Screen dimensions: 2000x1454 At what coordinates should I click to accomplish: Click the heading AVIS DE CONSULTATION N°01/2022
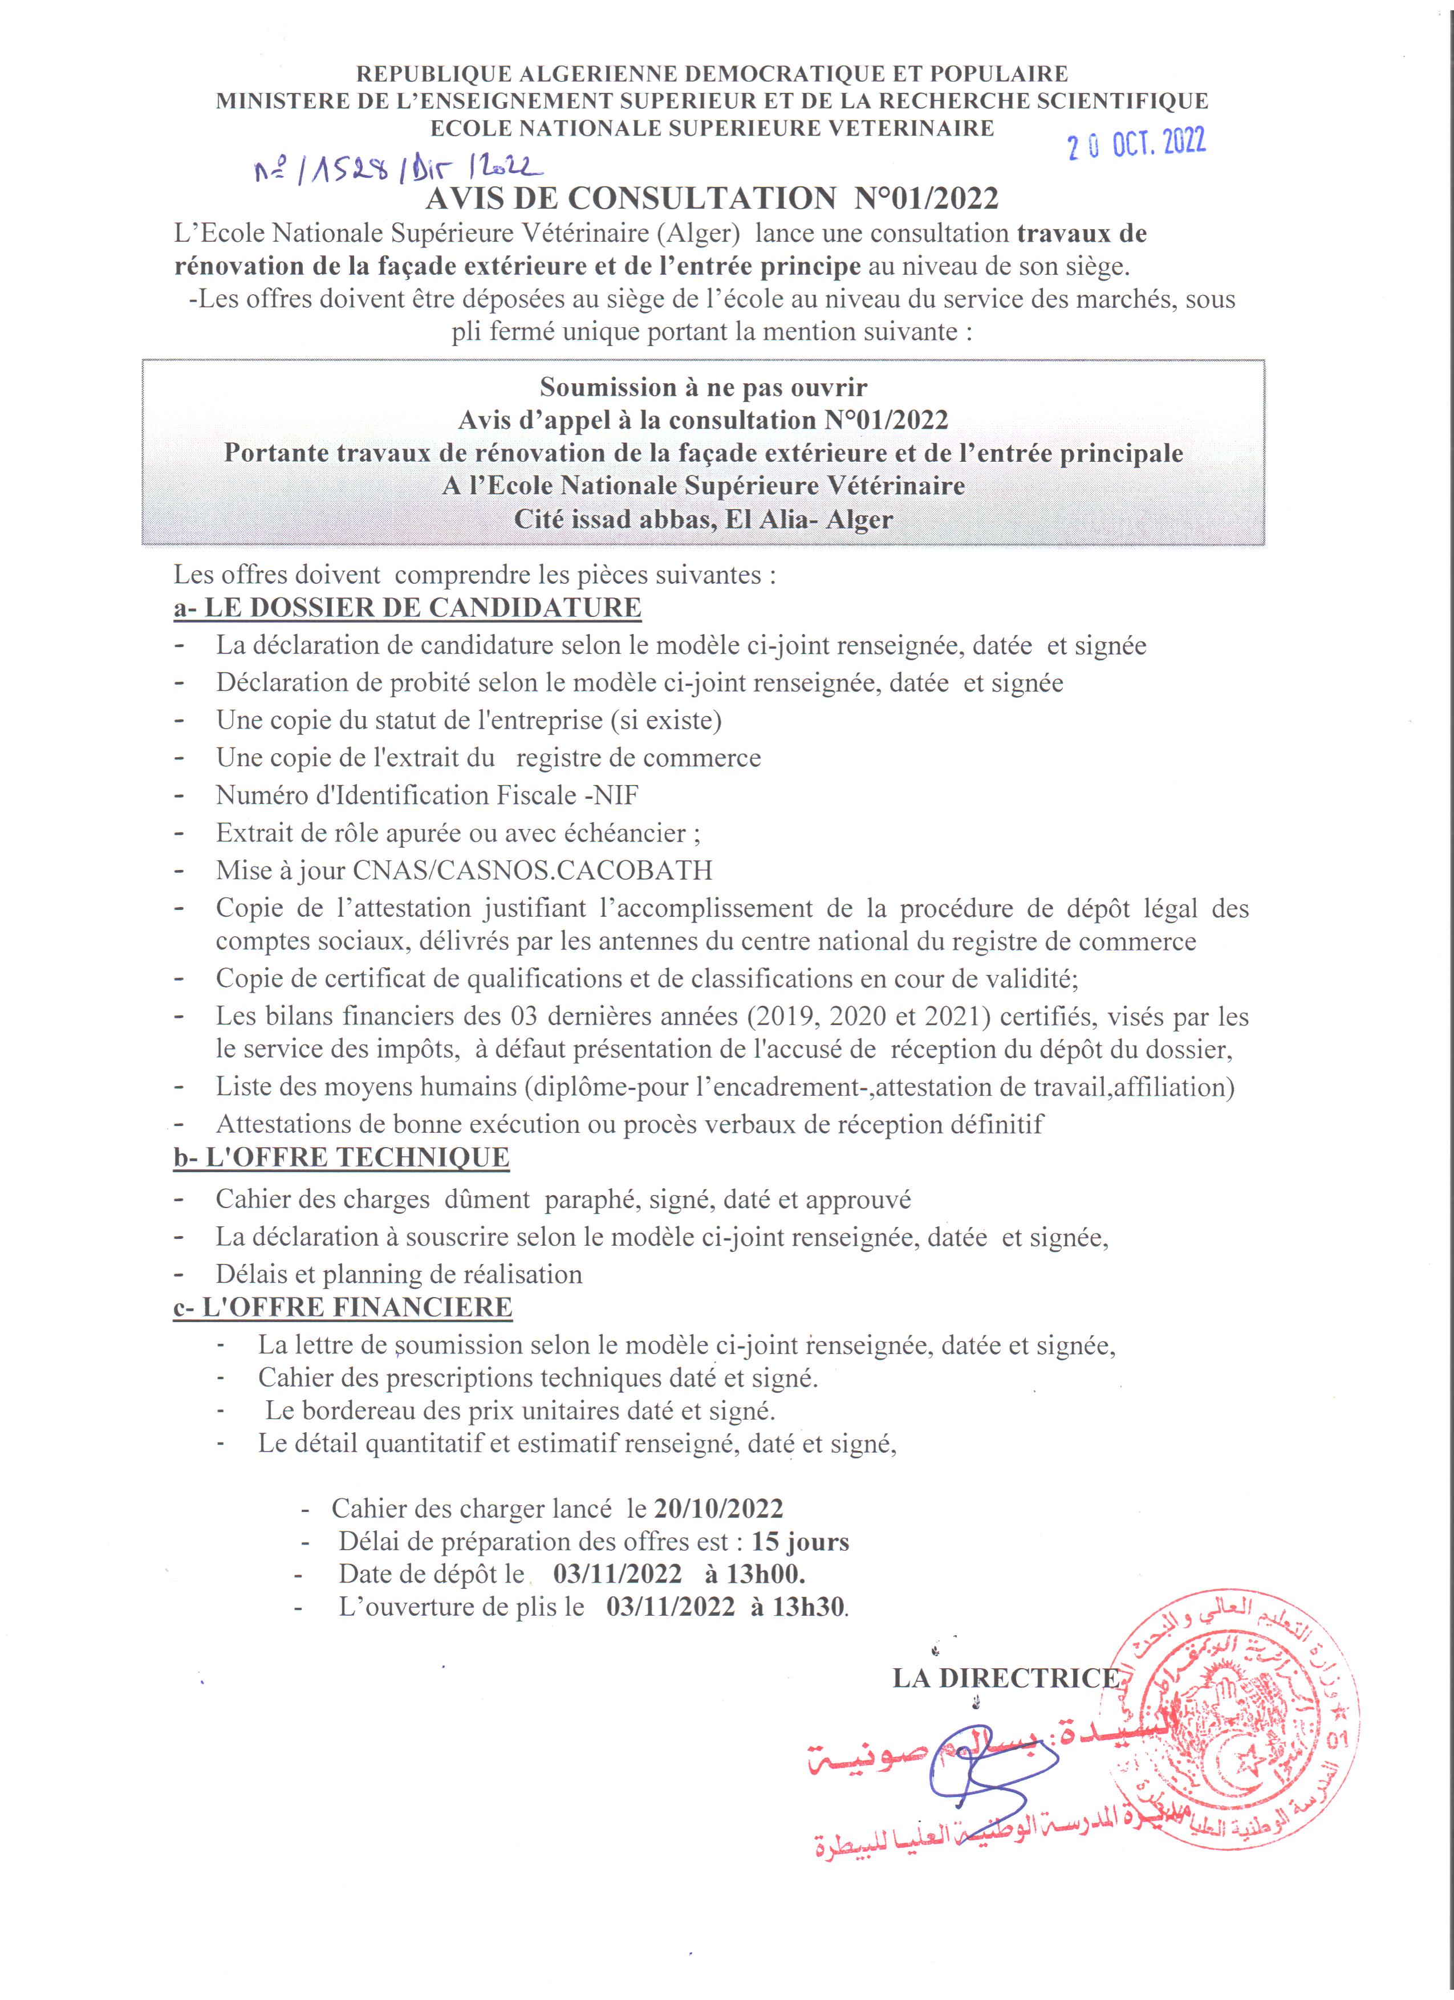712,198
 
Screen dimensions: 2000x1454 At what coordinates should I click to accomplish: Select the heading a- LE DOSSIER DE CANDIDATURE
407,608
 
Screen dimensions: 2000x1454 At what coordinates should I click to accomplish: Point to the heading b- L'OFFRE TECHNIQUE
341,1158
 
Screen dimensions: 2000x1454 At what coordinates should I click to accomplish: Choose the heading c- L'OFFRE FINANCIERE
343,1307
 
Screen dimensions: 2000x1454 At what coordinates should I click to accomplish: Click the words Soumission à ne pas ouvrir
702,387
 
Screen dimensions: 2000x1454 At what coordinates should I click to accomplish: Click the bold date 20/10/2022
718,1509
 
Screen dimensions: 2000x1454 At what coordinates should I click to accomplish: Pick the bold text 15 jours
800,1542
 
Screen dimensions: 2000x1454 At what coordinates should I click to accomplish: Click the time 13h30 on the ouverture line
809,1607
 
